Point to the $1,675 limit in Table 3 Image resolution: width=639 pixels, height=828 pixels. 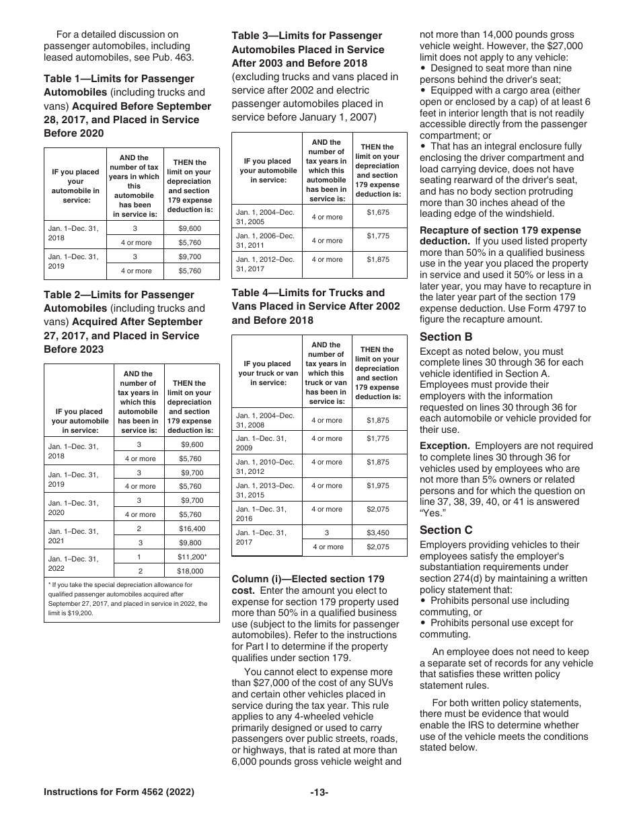(378, 212)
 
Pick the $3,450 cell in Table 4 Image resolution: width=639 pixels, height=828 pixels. (378, 532)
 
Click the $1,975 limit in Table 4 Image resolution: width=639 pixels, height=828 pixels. (378, 485)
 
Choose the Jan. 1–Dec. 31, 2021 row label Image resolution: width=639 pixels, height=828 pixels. (73, 535)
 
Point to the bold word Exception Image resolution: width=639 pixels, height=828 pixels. (445, 446)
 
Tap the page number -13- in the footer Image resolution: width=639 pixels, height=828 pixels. (319, 792)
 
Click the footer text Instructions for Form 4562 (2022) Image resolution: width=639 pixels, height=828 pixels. (119, 792)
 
